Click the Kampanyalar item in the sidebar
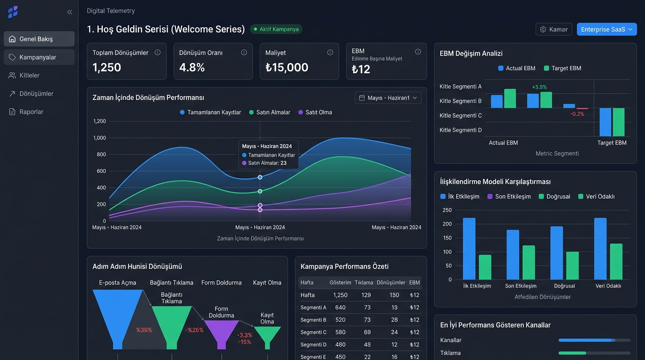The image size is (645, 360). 39,57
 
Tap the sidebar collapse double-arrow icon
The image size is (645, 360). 70,12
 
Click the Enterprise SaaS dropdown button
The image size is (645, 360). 607,30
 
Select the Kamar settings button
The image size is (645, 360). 554,30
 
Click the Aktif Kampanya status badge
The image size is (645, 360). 276,29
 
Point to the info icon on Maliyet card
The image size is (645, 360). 330,52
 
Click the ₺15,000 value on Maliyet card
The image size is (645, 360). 287,67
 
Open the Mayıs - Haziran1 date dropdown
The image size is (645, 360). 388,98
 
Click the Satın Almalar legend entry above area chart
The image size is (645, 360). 270,112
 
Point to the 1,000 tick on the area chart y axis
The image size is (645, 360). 100,138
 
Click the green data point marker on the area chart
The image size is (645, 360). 260,191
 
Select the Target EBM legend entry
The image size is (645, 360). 562,68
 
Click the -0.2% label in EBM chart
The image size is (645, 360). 577,114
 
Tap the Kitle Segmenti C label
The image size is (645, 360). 460,115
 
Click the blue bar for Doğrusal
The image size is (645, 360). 556,253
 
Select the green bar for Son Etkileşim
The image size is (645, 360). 529,262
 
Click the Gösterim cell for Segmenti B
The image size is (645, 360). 340,320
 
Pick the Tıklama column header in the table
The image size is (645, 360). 364,283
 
